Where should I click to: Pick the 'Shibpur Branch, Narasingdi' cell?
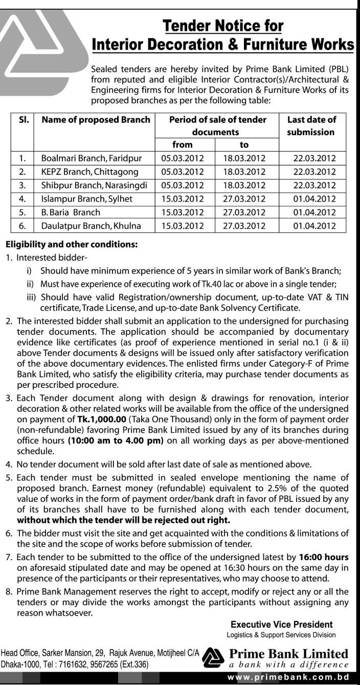coord(94,185)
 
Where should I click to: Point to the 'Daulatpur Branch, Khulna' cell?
coord(91,225)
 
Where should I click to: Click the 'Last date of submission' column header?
coord(311,126)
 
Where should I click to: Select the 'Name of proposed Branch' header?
coord(96,120)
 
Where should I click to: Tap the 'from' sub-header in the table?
coord(183,145)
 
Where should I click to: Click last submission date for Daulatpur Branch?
coord(314,225)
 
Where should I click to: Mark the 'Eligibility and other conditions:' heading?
coord(71,245)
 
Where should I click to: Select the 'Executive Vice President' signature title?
coord(282,625)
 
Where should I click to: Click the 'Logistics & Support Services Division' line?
coord(281,635)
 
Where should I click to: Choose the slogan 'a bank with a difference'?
coord(288,665)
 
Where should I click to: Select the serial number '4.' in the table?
coord(22,198)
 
